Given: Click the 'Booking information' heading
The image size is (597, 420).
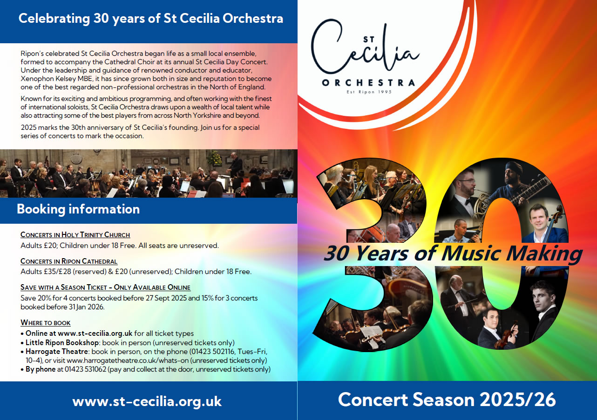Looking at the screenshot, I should [x=78, y=209].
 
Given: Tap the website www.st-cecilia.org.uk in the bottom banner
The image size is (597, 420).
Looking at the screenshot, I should [x=147, y=401].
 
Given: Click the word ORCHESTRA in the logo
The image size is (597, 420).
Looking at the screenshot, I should [x=368, y=82].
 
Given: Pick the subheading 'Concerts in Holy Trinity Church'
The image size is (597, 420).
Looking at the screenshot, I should [x=75, y=235].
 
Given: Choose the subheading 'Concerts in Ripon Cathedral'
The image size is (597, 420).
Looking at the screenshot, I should [x=69, y=261].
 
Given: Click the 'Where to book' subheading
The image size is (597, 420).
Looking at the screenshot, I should [x=46, y=323].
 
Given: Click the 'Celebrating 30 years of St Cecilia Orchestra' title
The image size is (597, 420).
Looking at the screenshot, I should [x=150, y=19].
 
